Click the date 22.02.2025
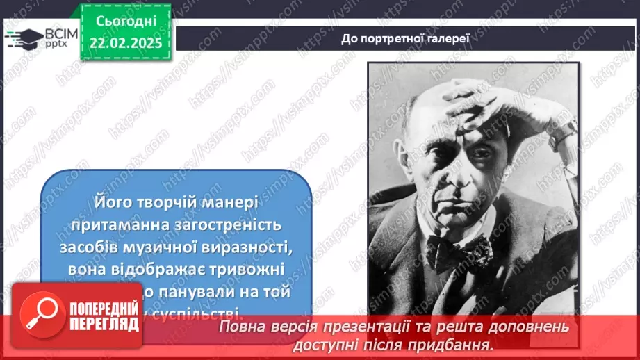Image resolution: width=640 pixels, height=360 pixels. tap(125, 42)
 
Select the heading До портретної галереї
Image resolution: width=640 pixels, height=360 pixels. tap(405, 38)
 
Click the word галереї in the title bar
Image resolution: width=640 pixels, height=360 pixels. tap(448, 38)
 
